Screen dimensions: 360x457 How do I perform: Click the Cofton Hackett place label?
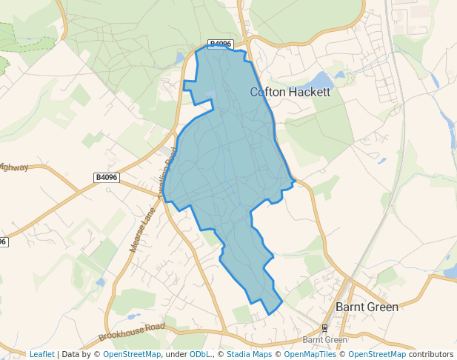click(290, 93)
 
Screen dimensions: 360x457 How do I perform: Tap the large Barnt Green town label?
click(367, 306)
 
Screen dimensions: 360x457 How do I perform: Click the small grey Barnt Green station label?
click(325, 340)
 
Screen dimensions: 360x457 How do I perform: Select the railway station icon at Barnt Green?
click(324, 327)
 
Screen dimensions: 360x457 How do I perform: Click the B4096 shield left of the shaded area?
click(107, 178)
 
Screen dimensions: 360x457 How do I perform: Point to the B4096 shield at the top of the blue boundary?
click(220, 44)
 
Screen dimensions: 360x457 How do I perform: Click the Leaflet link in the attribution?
click(41, 354)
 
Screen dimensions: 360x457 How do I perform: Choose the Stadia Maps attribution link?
click(248, 354)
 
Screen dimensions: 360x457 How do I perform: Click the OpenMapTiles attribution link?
click(311, 354)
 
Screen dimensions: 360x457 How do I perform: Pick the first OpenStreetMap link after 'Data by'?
click(132, 354)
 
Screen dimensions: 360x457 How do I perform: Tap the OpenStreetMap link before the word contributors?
click(376, 354)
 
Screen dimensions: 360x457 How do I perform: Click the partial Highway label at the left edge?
click(13, 167)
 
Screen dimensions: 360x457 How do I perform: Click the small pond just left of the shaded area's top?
click(181, 57)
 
